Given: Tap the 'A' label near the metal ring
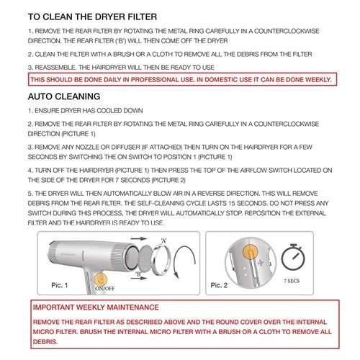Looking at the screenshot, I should pos(164,240).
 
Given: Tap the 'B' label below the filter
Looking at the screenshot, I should pos(137,274).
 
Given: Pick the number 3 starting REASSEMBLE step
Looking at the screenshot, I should pos(30,67).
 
